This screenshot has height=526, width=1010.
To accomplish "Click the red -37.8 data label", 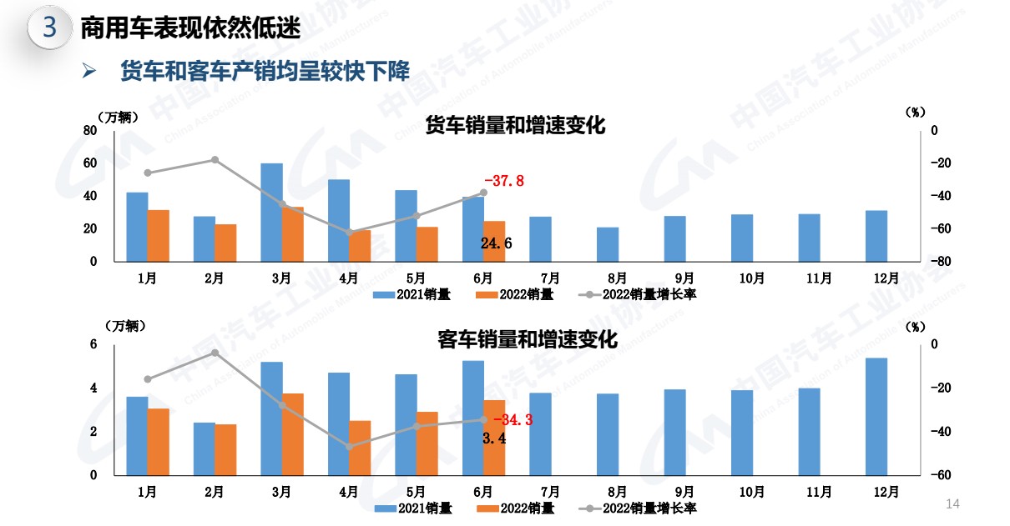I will click(504, 181).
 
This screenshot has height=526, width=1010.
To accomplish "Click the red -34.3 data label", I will click(513, 420).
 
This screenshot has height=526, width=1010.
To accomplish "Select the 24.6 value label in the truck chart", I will click(497, 243).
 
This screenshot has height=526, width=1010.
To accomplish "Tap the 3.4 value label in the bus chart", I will click(494, 438).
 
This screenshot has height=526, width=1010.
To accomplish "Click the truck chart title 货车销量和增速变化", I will click(515, 126).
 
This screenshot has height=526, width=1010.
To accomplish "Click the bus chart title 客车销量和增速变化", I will click(528, 340).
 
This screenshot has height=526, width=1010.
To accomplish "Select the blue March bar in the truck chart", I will click(271, 212).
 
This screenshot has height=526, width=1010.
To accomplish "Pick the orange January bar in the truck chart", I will click(159, 235).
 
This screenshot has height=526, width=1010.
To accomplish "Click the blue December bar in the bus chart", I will click(876, 416).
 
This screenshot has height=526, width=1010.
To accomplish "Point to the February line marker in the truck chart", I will click(215, 160).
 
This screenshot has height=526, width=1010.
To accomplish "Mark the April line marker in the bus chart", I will click(349, 447).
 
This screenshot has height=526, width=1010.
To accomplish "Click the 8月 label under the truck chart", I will click(617, 278).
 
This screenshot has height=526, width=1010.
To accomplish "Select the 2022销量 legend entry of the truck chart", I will click(515, 294).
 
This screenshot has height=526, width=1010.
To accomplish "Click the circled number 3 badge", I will click(50, 28).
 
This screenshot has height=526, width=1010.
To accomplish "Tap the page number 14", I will click(952, 504).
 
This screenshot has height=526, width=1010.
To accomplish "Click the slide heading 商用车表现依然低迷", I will click(190, 29).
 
